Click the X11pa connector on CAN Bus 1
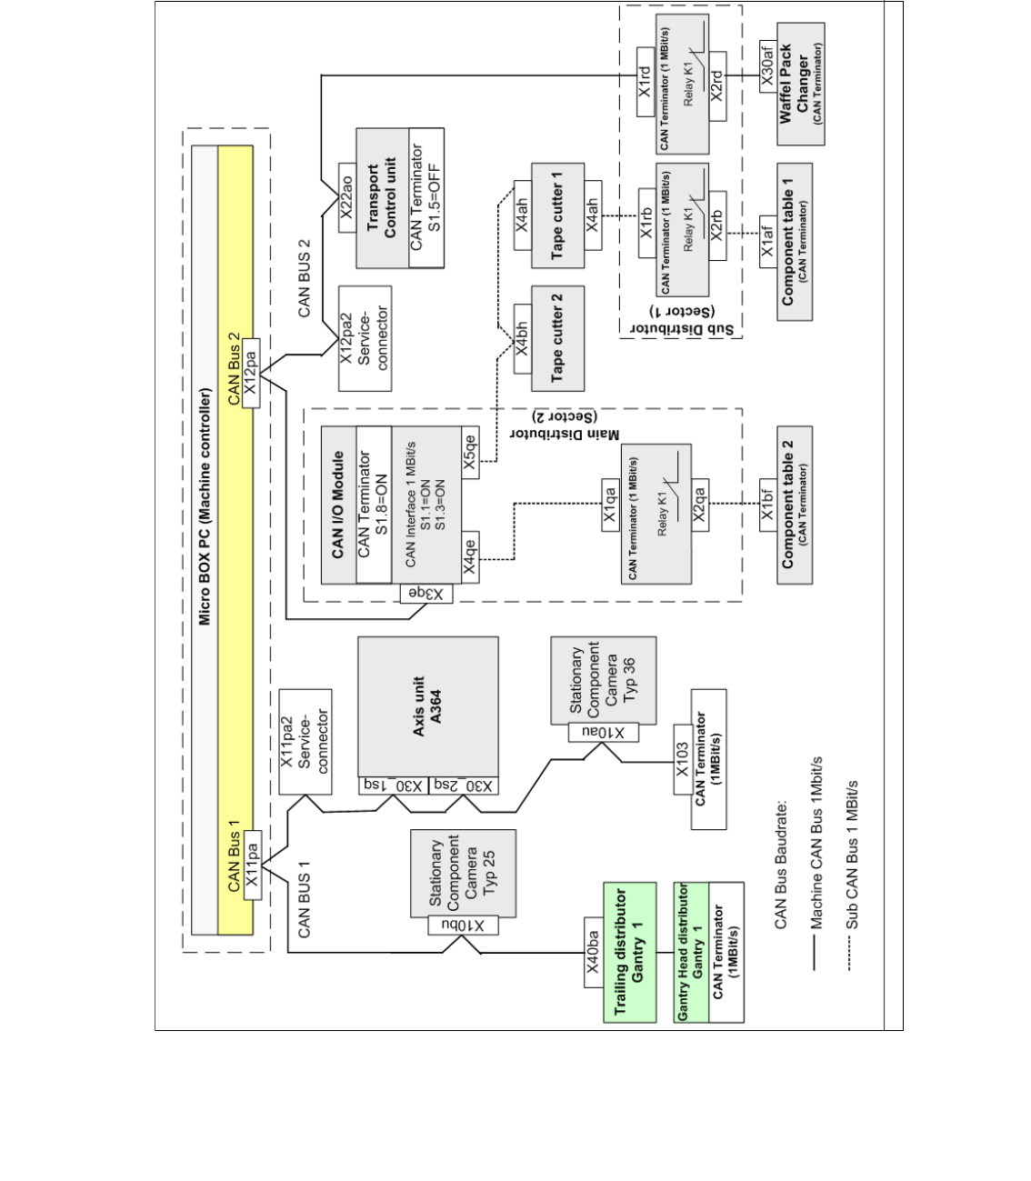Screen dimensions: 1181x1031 (253, 865)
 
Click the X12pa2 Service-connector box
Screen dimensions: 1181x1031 (365, 338)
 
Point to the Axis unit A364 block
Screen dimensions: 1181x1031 (428, 706)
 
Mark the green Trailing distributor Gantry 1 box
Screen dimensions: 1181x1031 (629, 952)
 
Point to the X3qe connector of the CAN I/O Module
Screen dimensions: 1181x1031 (426, 594)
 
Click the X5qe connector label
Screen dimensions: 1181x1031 (470, 451)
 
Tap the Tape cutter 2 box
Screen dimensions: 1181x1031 (557, 338)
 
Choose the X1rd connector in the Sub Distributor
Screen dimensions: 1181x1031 (645, 82)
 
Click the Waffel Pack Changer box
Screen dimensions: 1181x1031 (801, 84)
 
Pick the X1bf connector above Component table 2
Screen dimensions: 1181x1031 (767, 514)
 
